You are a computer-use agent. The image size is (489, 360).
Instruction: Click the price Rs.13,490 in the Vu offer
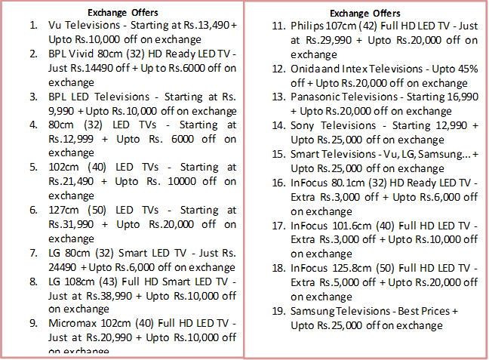(x=205, y=26)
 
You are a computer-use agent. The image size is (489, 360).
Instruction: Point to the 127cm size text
(x=63, y=209)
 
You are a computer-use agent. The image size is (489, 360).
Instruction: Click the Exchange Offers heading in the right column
(x=365, y=13)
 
